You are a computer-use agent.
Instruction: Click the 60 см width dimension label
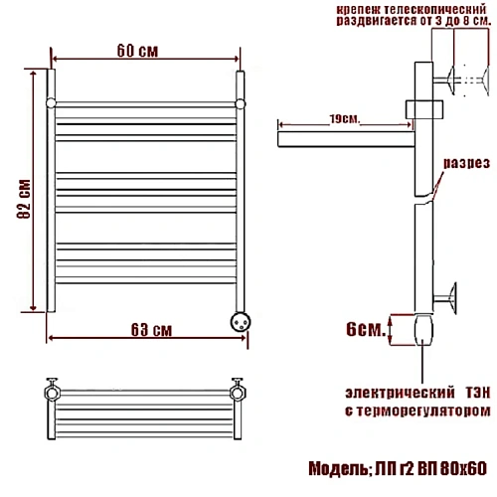[137, 51]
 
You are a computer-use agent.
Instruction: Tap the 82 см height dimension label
[24, 199]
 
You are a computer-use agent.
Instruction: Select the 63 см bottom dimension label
[151, 330]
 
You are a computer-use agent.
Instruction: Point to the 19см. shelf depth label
[345, 118]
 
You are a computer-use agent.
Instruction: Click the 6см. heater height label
[366, 329]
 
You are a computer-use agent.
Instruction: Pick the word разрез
[466, 163]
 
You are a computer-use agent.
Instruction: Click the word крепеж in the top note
[358, 9]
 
